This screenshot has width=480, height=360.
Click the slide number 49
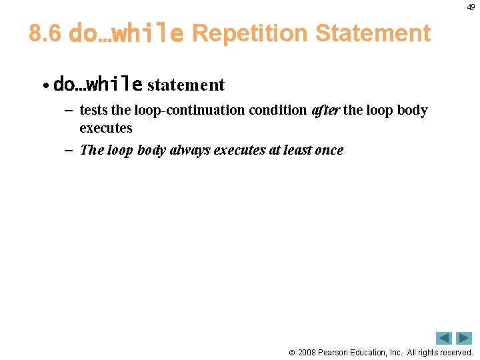pyautogui.click(x=471, y=7)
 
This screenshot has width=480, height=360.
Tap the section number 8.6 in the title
pyautogui.click(x=45, y=33)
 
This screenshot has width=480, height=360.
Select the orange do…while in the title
pyautogui.click(x=126, y=33)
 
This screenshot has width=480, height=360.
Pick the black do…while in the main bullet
pyautogui.click(x=97, y=85)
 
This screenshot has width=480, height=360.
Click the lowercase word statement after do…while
pyautogui.click(x=186, y=85)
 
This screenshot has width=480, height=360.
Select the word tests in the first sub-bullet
pyautogui.click(x=93, y=110)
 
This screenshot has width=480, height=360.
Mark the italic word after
pyautogui.click(x=325, y=110)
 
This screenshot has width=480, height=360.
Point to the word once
pyautogui.click(x=329, y=150)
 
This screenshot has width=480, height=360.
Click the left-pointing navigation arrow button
pyautogui.click(x=444, y=338)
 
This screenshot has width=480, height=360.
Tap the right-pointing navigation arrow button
pyautogui.click(x=464, y=338)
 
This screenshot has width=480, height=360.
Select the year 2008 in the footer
pyautogui.click(x=309, y=352)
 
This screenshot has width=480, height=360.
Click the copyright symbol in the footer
pyautogui.click(x=292, y=352)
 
